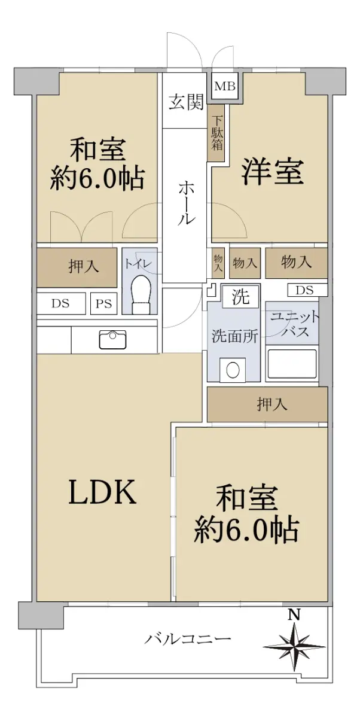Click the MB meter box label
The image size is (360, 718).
225,86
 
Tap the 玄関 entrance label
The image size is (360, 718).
186,103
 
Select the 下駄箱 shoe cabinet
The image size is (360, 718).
216,133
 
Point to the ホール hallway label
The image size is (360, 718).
186,202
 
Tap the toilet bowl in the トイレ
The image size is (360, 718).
141,294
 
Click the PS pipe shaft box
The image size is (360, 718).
104,303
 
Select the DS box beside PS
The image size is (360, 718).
61,303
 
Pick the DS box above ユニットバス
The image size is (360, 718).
307,290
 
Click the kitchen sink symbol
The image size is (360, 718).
112,340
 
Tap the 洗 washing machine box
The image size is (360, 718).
240,297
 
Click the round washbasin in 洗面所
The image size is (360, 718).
233,370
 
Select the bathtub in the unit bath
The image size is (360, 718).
292,364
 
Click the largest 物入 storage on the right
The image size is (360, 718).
296,263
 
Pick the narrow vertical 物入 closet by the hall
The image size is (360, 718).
218,263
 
